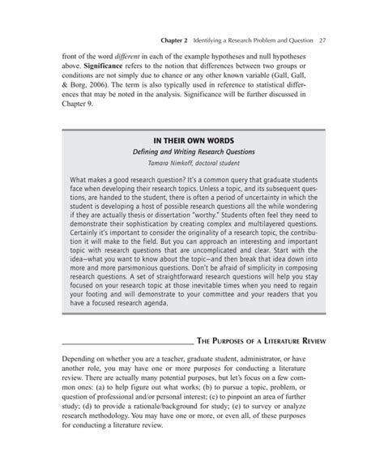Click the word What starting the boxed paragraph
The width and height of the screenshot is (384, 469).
tap(79, 178)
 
